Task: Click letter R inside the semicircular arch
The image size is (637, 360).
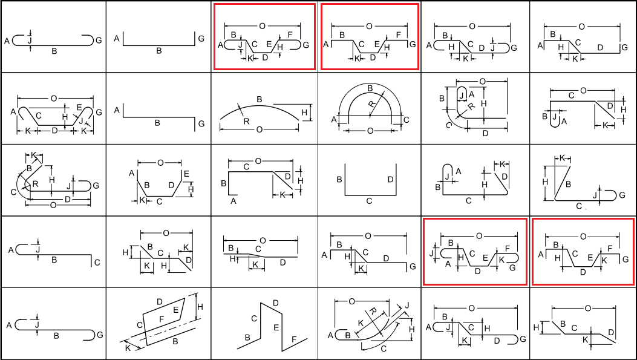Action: point(372,105)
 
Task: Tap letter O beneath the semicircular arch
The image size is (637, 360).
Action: point(370,130)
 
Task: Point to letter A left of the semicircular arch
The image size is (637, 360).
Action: point(334,120)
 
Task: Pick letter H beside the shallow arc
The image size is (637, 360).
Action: point(304,113)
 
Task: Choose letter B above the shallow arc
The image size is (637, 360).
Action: point(260,99)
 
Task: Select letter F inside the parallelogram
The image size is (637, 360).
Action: point(160,318)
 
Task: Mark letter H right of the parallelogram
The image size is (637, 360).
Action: point(200,307)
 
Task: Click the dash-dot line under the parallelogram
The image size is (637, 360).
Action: point(163,332)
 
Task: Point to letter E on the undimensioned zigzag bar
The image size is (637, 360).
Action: point(276,327)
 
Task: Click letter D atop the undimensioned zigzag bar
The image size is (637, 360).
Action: point(275,303)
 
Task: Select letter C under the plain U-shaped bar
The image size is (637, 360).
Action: point(369,201)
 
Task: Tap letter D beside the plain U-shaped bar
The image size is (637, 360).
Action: point(390,180)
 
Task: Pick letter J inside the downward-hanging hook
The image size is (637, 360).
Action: point(554,117)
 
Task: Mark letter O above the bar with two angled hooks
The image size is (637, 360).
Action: point(54,98)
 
